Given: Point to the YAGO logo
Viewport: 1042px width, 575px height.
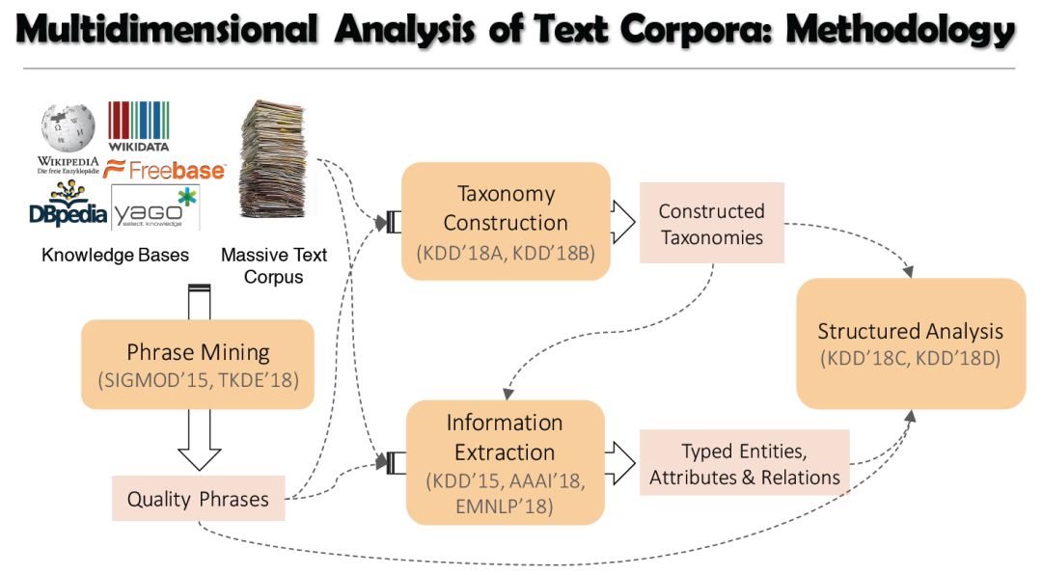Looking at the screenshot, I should [154, 208].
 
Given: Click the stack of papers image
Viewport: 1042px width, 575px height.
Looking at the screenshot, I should [272, 158].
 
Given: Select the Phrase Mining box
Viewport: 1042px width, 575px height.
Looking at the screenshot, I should [198, 365].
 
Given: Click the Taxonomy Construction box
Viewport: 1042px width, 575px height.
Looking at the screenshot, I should [506, 221].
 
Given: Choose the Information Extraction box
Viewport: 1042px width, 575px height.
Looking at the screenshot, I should [505, 462].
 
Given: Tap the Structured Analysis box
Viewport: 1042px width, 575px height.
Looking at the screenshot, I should [910, 342].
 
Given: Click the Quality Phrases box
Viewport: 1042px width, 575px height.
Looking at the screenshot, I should [198, 499].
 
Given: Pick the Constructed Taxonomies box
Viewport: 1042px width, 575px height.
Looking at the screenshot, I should [711, 225].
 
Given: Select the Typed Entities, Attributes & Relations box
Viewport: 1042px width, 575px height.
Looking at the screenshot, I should [744, 464].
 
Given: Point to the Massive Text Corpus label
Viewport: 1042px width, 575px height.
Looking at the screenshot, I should [274, 265].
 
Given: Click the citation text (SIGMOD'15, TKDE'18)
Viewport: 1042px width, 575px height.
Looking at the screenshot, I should [198, 379].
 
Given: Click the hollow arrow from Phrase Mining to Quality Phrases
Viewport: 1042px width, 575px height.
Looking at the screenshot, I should [201, 440].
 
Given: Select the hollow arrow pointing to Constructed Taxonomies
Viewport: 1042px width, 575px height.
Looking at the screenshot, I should [622, 223].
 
